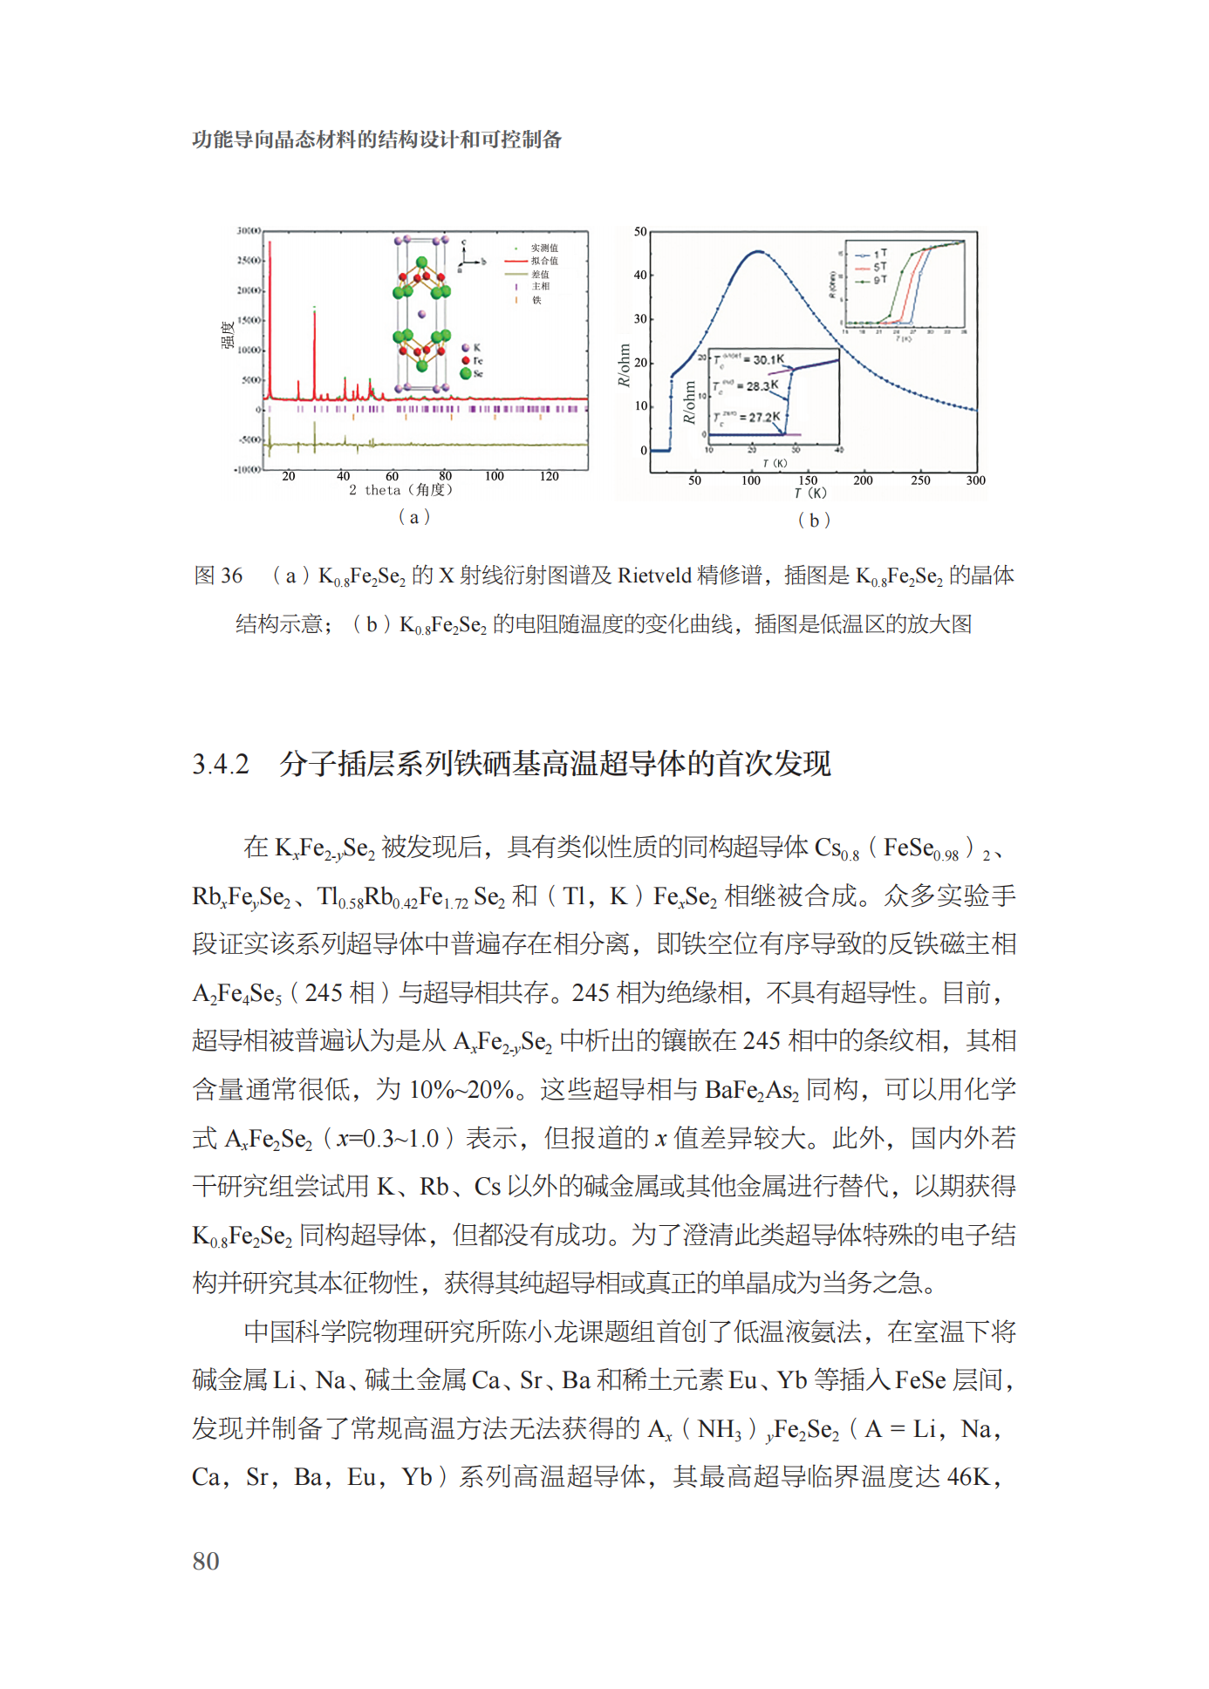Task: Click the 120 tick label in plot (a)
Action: (x=549, y=476)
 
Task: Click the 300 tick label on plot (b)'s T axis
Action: (x=975, y=480)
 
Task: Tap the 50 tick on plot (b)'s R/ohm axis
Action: (x=640, y=232)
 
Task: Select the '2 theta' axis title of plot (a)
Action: (x=400, y=490)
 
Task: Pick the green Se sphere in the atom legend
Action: (x=466, y=373)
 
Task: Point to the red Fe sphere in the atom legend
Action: (x=466, y=360)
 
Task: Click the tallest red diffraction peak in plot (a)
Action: (x=270, y=244)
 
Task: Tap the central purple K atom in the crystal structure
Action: (x=422, y=314)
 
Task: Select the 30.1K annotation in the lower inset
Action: (x=767, y=359)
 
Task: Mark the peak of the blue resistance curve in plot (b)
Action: (x=758, y=252)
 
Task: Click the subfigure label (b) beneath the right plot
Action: (x=814, y=521)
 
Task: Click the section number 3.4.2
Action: (x=221, y=765)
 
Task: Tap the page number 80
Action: (x=206, y=1561)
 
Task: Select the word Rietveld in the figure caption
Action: (x=653, y=575)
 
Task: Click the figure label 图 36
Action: (x=217, y=575)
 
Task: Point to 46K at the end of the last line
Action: (x=968, y=1477)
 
